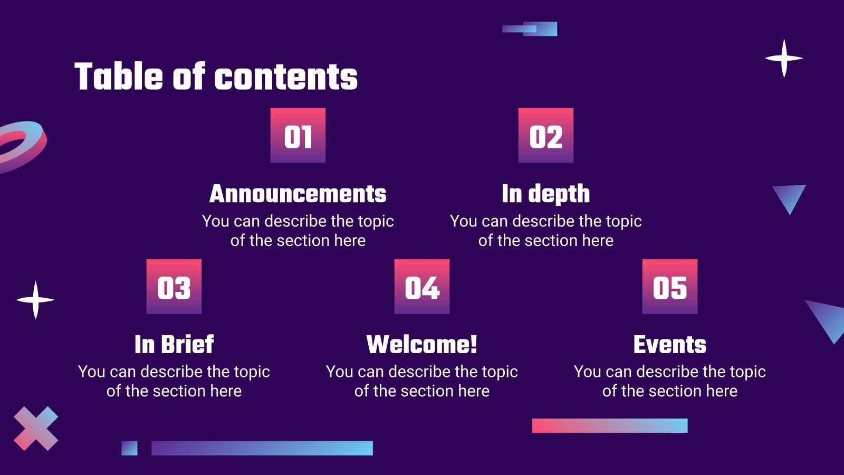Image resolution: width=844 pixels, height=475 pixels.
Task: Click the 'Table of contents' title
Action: [x=216, y=77]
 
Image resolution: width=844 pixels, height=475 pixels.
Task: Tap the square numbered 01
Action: [x=298, y=136]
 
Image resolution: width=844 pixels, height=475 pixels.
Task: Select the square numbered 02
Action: [x=546, y=136]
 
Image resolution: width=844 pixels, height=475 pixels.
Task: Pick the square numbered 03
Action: [x=174, y=287]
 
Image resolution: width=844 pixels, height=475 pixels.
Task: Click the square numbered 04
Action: [x=422, y=287]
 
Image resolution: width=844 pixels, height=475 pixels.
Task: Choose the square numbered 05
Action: [x=670, y=287]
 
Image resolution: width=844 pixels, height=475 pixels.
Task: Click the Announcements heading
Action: [x=298, y=194]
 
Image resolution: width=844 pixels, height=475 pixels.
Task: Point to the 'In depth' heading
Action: [x=546, y=194]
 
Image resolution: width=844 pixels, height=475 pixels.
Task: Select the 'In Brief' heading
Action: [x=174, y=345]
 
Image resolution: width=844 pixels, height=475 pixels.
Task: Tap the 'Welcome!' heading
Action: [x=422, y=345]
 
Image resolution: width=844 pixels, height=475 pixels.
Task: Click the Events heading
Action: [x=670, y=345]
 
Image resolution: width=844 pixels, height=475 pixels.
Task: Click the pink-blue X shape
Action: [x=36, y=429]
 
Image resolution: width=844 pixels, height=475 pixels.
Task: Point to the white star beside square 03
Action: [x=35, y=300]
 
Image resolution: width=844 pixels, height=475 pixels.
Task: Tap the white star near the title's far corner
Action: [x=784, y=58]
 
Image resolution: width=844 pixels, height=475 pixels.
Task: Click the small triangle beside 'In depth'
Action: [x=789, y=196]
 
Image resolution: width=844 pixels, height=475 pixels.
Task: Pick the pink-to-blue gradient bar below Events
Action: [x=610, y=425]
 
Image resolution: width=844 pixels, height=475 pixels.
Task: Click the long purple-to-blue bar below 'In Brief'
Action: [x=262, y=448]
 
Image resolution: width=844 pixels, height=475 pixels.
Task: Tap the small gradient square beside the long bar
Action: [x=129, y=448]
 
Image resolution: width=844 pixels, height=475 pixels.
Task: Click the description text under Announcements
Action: [x=298, y=231]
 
